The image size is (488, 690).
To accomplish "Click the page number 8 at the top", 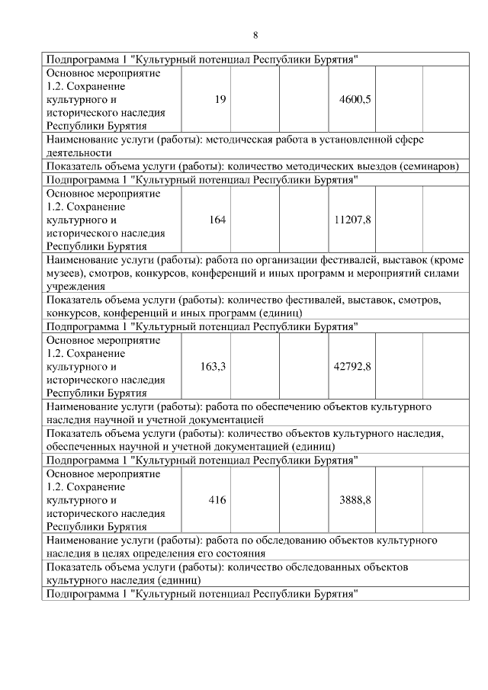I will (255, 35).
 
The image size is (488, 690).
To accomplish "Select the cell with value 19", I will (220, 100).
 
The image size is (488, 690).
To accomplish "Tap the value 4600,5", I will (355, 100).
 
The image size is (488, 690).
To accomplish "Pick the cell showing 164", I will (217, 220).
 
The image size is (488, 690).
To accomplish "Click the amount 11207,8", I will (352, 220).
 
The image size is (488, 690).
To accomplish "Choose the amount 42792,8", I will (352, 367).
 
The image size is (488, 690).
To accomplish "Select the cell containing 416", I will (217, 500).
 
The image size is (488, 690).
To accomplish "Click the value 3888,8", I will (355, 500).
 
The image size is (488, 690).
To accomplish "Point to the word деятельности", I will (79, 152).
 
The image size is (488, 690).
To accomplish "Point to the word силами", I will (446, 273).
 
